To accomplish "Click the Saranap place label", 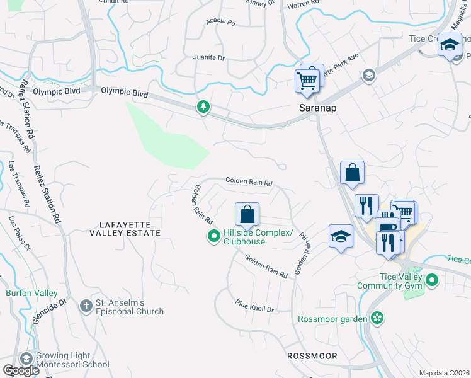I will (x=317, y=108).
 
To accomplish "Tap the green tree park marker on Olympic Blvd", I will (x=203, y=106).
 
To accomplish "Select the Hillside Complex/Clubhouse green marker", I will (x=213, y=237).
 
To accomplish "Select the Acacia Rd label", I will (x=220, y=23).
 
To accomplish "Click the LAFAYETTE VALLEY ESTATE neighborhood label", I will (x=130, y=228).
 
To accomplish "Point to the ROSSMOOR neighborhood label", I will (x=312, y=356).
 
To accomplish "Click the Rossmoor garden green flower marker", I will (x=377, y=318).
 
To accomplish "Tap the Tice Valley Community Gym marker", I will (x=432, y=279).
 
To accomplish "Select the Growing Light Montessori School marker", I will (x=26, y=359).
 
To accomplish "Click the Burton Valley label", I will (x=31, y=293).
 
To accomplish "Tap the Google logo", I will (x=21, y=370).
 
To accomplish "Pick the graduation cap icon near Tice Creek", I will (x=450, y=45).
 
